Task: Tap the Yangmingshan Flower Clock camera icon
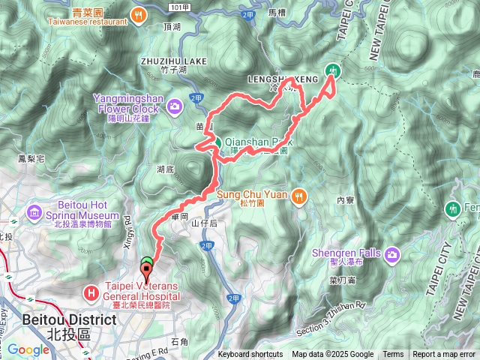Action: click(x=175, y=106)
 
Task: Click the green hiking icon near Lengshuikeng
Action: click(x=333, y=72)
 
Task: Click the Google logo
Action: click(x=28, y=349)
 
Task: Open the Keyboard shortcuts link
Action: click(x=250, y=355)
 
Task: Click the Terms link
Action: click(x=393, y=355)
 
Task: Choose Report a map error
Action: click(x=444, y=355)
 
